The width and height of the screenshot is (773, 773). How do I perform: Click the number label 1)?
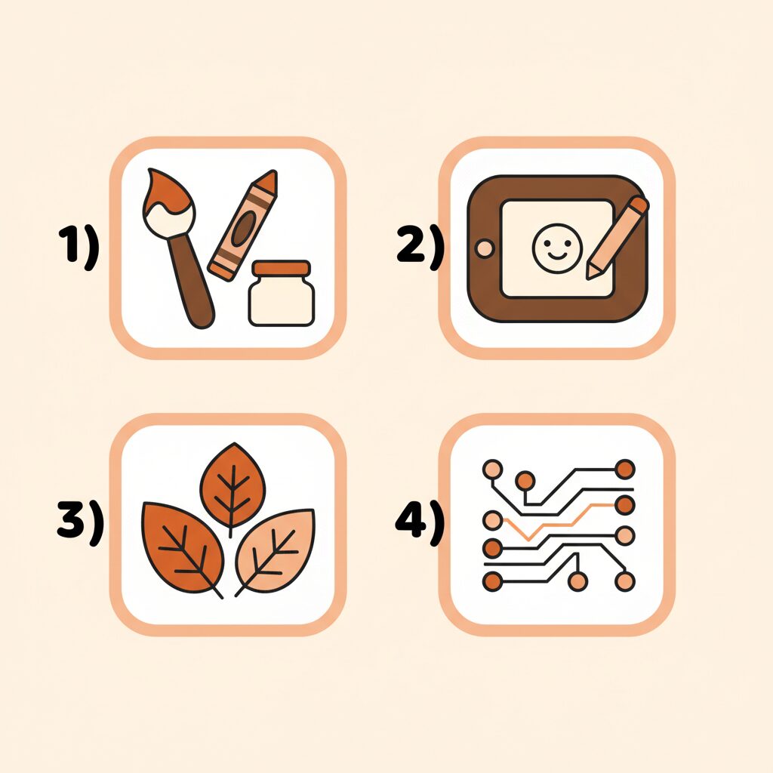79,248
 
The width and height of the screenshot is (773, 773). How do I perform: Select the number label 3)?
80,523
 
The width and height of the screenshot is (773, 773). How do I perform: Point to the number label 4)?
420,523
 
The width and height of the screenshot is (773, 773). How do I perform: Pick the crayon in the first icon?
242,225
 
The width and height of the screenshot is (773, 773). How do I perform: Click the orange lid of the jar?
281,268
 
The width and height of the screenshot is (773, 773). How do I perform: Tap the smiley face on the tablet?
558,248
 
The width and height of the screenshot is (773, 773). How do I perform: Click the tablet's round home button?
485,248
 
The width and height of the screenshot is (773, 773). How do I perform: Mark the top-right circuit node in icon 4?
624,469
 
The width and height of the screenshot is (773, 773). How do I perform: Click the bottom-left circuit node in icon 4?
492,582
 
